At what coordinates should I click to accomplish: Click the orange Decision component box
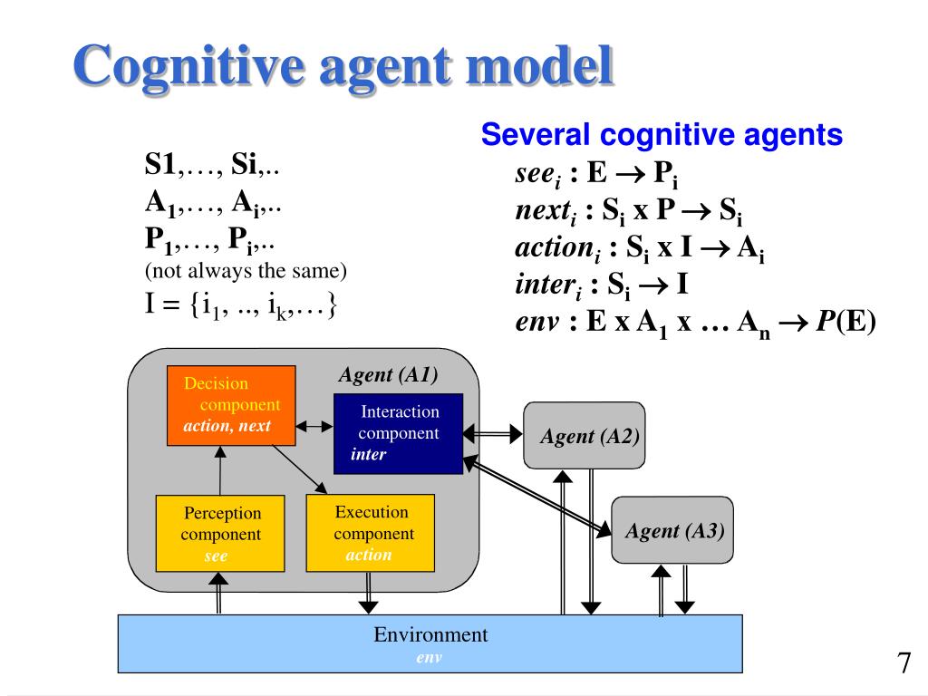click(x=231, y=405)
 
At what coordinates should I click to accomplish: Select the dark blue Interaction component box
click(x=399, y=434)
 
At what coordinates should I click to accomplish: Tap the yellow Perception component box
click(x=220, y=533)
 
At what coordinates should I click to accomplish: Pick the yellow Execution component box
click(x=371, y=533)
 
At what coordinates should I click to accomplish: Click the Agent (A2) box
click(x=585, y=436)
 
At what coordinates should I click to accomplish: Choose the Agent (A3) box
click(x=672, y=529)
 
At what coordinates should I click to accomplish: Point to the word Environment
click(x=430, y=634)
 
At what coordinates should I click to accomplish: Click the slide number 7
click(x=904, y=662)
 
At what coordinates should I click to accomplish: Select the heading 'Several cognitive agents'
click(x=662, y=134)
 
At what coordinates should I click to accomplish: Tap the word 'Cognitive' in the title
click(x=188, y=66)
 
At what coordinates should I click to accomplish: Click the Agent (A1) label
click(x=388, y=374)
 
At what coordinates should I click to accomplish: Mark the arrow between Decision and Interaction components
click(x=314, y=426)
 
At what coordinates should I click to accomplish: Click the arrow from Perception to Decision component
click(x=220, y=470)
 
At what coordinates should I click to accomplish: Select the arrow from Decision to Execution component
click(x=299, y=469)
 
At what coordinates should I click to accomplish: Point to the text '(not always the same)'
click(x=246, y=270)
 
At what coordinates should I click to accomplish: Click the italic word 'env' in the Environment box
click(x=429, y=658)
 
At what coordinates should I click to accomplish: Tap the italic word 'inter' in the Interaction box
click(x=368, y=454)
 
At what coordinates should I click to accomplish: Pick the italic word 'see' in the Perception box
click(x=216, y=556)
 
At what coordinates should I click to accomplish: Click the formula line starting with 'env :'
click(x=695, y=324)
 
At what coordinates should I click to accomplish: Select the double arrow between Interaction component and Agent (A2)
click(x=493, y=434)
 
